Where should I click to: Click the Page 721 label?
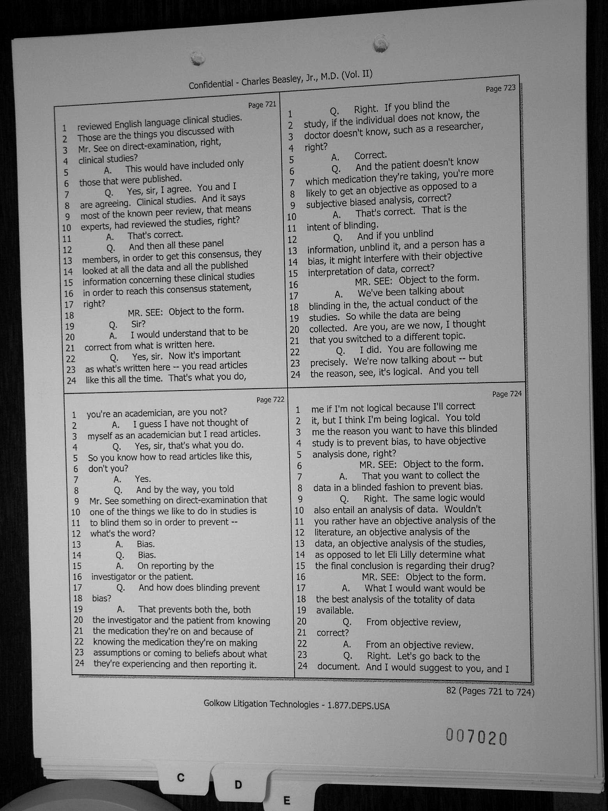tap(262, 104)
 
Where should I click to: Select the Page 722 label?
tap(270, 400)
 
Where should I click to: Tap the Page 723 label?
tap(500, 89)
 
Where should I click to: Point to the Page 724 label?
tap(507, 394)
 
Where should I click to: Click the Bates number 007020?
tap(476, 738)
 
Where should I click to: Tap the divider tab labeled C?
tap(180, 778)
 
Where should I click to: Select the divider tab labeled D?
tap(238, 784)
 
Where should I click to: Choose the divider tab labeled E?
tap(286, 801)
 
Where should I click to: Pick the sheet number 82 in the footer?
tap(451, 691)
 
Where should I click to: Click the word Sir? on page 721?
tap(138, 324)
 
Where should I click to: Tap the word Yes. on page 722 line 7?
tap(143, 479)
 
